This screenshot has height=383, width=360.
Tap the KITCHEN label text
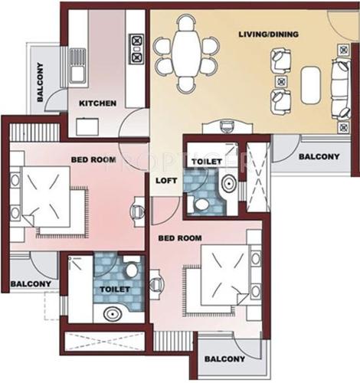tap(98, 103)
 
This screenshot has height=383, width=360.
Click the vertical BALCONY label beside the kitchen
tap(40, 82)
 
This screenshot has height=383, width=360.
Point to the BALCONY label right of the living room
tap(318, 157)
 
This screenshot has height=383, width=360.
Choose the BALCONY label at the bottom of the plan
tap(224, 358)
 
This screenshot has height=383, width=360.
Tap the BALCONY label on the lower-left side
tap(30, 285)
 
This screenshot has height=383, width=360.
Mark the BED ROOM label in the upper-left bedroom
tap(94, 159)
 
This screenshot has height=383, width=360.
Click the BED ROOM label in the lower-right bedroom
tap(180, 238)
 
